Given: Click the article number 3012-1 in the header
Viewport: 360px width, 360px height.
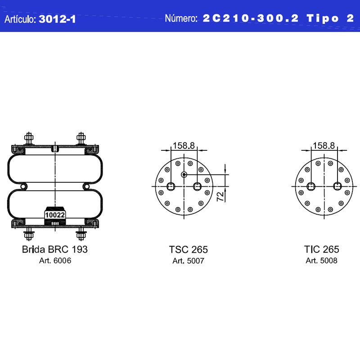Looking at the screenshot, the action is (x=57, y=19).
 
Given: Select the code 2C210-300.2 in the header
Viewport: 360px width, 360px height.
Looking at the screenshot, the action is (x=251, y=18).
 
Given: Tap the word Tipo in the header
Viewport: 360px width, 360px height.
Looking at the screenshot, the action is (x=322, y=18).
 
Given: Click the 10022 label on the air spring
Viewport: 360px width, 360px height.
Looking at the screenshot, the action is (x=55, y=215).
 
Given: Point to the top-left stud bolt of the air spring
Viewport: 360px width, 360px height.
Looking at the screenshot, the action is (x=29, y=139).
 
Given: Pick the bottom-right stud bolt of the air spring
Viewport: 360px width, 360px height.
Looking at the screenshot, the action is (x=81, y=234).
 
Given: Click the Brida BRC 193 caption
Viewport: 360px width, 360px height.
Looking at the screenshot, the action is (x=54, y=249).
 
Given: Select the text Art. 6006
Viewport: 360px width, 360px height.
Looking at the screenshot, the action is (x=55, y=261).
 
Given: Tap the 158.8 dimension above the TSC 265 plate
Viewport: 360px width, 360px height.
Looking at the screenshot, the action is (x=184, y=145).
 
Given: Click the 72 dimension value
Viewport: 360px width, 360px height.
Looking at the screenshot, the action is (x=220, y=197).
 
